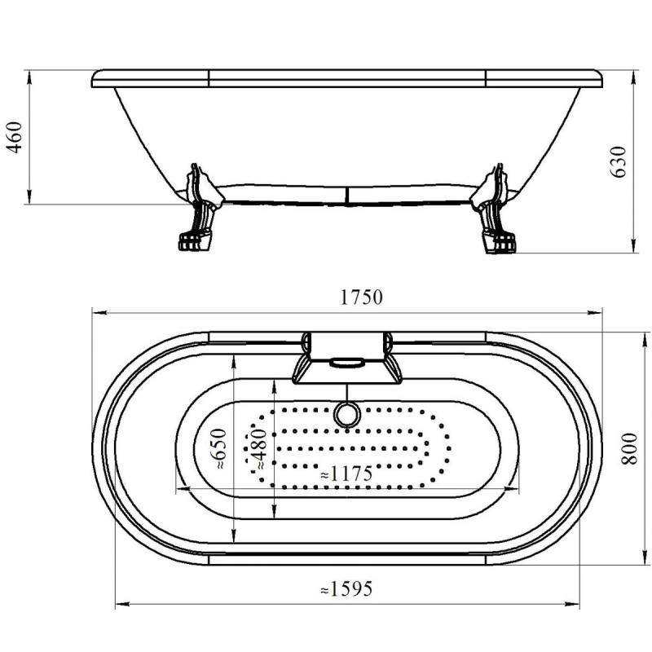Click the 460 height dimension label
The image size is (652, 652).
15,138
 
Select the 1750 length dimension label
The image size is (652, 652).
361,297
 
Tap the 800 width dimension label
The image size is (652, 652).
630,449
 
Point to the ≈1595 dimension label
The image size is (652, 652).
346,588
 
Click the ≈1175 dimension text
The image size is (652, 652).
346,474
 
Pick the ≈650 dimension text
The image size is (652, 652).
220,449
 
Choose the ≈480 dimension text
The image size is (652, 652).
260,449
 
